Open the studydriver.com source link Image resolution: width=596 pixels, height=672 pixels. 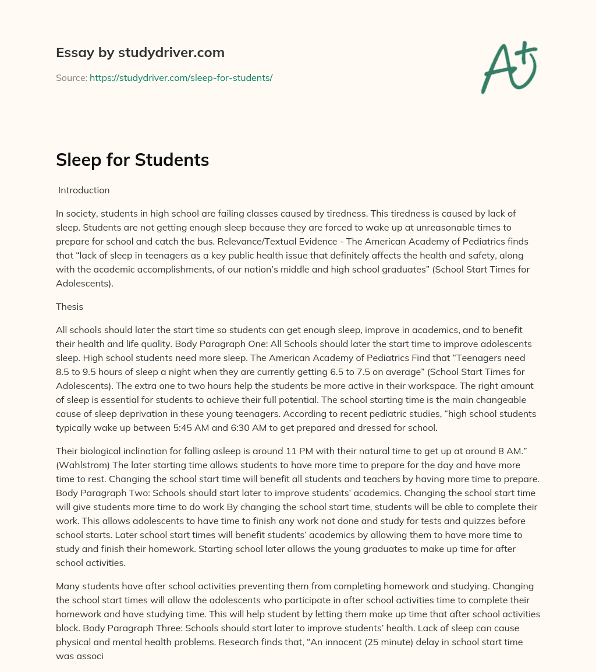coord(181,77)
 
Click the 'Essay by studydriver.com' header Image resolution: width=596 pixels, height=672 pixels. coord(140,52)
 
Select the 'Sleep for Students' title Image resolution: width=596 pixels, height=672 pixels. coord(132,160)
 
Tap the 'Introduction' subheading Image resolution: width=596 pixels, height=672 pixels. coord(84,190)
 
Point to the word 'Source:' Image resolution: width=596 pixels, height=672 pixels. coord(72,77)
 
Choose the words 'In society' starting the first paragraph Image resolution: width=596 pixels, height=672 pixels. coord(76,213)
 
